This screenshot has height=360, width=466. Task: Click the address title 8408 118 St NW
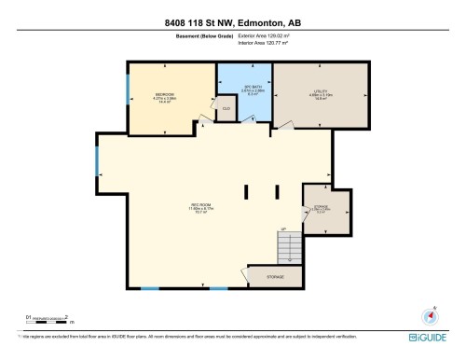233,23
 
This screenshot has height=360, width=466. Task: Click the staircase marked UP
291,246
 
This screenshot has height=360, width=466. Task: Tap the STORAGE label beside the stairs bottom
276,277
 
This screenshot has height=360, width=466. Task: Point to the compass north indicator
430,314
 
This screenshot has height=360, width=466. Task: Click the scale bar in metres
48,319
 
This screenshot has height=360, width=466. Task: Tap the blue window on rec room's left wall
97,162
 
